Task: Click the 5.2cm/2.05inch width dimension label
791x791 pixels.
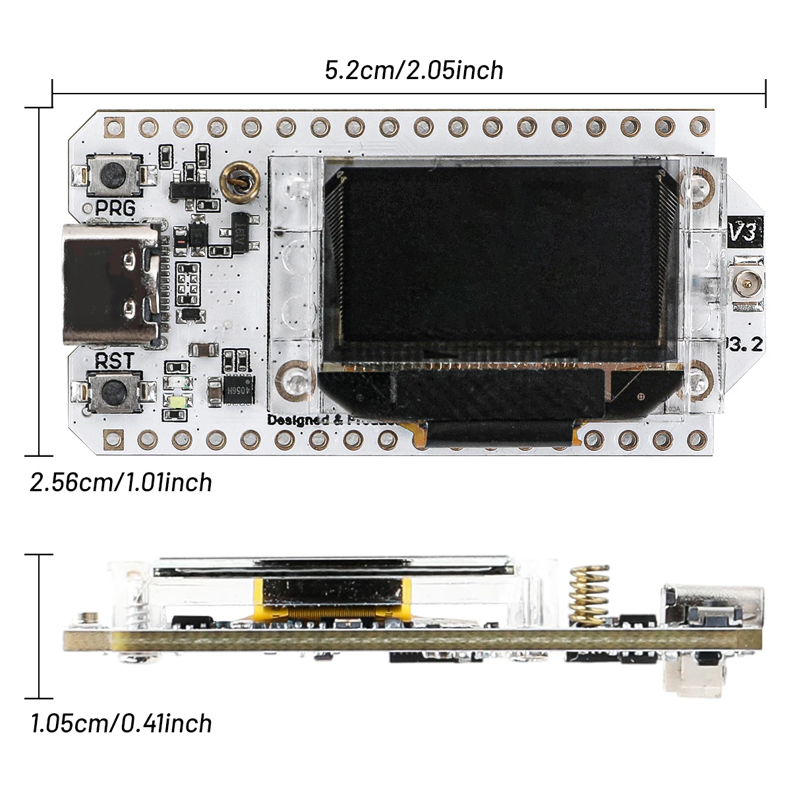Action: (x=414, y=70)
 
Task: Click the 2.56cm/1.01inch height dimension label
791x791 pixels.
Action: (x=121, y=483)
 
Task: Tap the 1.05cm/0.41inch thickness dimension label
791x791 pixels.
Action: (x=121, y=724)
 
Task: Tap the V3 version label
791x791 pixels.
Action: (x=745, y=231)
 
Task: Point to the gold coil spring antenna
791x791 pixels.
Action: (x=589, y=593)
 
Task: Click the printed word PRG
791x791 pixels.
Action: (x=115, y=208)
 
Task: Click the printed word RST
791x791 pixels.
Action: (x=114, y=361)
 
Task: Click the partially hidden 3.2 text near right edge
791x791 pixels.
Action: (x=745, y=344)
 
